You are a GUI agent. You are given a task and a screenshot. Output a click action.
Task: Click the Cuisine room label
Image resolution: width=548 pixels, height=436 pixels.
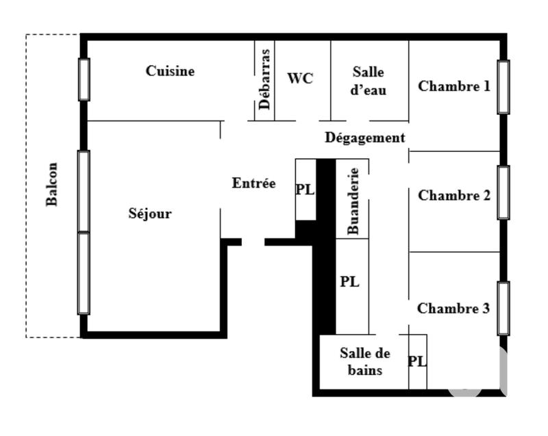coord(170,71)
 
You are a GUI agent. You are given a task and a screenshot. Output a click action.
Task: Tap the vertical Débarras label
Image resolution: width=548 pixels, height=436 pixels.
coord(266,79)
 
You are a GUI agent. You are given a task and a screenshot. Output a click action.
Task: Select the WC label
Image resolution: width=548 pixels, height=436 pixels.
coord(300,79)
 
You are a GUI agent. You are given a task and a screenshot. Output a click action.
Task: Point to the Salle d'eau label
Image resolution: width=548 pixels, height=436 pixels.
coord(369,81)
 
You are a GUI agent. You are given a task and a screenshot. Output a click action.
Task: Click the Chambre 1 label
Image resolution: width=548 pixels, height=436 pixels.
coord(454,86)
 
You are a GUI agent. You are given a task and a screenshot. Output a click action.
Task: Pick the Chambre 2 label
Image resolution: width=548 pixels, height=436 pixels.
coord(454,196)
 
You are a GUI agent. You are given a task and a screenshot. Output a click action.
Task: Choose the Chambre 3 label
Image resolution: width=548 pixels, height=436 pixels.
coord(453,309)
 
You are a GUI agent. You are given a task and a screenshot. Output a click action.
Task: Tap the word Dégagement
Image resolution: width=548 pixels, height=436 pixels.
coord(365,138)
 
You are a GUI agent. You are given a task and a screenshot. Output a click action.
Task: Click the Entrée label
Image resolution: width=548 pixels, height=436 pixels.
coord(253,183)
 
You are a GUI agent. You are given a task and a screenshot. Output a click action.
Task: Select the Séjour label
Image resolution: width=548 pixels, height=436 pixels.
coord(150,214)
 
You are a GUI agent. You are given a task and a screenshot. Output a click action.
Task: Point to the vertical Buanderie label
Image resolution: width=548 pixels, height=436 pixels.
coord(353,201)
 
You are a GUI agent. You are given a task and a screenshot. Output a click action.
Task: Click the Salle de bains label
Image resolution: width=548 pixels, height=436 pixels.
coord(364,362)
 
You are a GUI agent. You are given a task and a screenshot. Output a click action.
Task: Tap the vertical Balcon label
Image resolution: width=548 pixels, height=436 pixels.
coord(52,184)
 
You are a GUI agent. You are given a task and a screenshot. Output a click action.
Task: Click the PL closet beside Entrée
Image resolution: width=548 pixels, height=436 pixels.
coord(305,190)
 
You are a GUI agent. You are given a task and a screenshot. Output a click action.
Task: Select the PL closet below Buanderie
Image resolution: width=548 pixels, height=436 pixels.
coord(350,282)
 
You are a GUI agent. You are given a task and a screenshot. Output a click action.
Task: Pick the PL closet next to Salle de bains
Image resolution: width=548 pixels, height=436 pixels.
coord(417,361)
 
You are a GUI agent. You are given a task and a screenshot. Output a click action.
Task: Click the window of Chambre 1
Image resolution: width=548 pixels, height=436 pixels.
coord(503,87)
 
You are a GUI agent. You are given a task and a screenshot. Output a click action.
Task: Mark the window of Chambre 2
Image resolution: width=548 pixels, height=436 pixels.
coord(503,192)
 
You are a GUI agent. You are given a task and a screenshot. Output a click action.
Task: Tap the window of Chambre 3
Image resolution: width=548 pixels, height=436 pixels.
coord(503,308)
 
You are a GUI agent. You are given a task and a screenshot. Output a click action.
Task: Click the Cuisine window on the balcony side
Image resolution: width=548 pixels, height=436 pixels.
coord(84,79)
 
